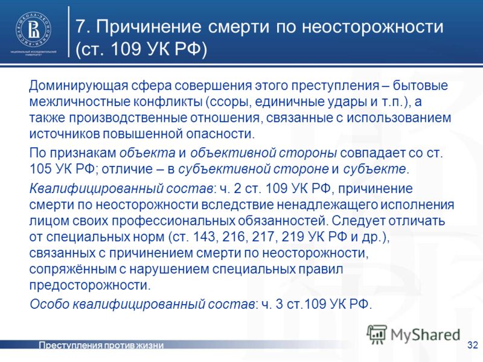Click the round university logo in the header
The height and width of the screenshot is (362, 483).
pyautogui.click(x=33, y=30)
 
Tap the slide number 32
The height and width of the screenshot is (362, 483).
pyautogui.click(x=472, y=345)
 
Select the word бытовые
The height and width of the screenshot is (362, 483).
pyautogui.click(x=420, y=86)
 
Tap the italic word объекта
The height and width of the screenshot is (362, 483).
pyautogui.click(x=147, y=153)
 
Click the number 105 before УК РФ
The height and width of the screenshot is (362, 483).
pyautogui.click(x=40, y=169)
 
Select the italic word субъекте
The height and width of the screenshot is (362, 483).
pyautogui.click(x=374, y=169)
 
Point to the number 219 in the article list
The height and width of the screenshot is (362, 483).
pyautogui.click(x=292, y=237)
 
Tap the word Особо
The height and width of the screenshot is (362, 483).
pyautogui.click(x=50, y=304)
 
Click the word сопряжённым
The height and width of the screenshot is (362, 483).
pyautogui.click(x=72, y=269)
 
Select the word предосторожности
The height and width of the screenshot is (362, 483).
pyautogui.click(x=90, y=285)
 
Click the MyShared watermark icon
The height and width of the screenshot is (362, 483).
pyautogui.click(x=377, y=334)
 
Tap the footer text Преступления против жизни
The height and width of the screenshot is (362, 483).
pyautogui.click(x=101, y=345)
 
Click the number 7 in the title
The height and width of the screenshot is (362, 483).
pyautogui.click(x=81, y=27)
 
